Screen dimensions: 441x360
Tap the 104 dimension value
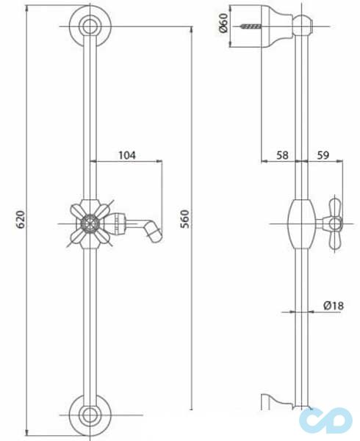coord(126,155)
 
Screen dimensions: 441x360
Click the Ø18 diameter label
coord(334,305)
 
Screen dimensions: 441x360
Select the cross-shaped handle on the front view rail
coord(90,220)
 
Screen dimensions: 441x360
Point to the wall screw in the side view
coord(249,27)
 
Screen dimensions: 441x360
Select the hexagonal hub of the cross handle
coord(90,220)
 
